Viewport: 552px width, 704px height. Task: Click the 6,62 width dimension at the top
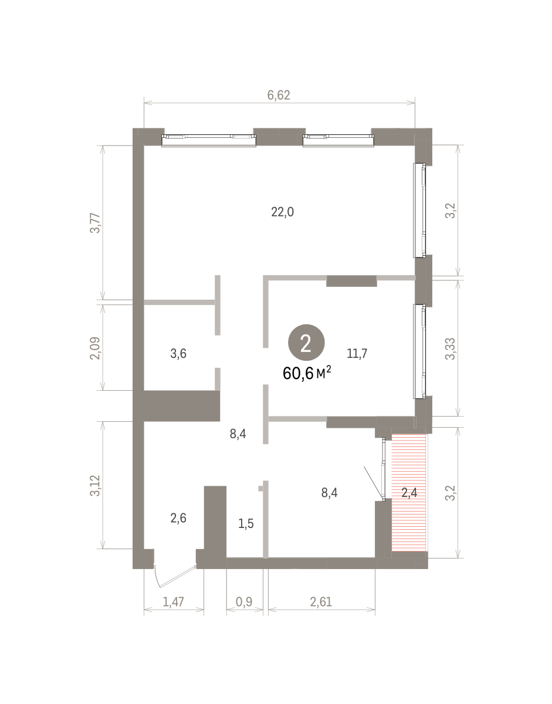pyautogui.click(x=278, y=95)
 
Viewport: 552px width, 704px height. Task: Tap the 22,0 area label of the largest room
pyautogui.click(x=283, y=212)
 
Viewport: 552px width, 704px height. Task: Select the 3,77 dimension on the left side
pyautogui.click(x=96, y=223)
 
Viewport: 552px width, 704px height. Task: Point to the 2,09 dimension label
pyautogui.click(x=96, y=348)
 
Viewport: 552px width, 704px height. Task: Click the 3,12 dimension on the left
pyautogui.click(x=96, y=486)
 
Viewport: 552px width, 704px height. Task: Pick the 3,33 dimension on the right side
pyautogui.click(x=451, y=348)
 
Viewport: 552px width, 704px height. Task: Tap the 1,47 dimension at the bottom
pyautogui.click(x=173, y=602)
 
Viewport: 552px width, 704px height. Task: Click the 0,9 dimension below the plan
pyautogui.click(x=244, y=602)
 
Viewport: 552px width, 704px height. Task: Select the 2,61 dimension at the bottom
pyautogui.click(x=321, y=602)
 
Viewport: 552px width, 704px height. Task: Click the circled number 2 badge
pyautogui.click(x=306, y=343)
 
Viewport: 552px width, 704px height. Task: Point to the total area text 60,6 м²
pyautogui.click(x=307, y=373)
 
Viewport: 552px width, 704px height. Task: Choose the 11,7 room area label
pyautogui.click(x=357, y=353)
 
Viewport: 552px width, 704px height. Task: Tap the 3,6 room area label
pyautogui.click(x=178, y=353)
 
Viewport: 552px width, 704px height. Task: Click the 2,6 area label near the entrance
pyautogui.click(x=178, y=519)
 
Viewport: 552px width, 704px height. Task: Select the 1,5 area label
pyautogui.click(x=246, y=523)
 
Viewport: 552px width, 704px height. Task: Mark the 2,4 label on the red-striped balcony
pyautogui.click(x=409, y=493)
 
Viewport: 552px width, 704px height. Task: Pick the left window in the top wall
pyautogui.click(x=209, y=141)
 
